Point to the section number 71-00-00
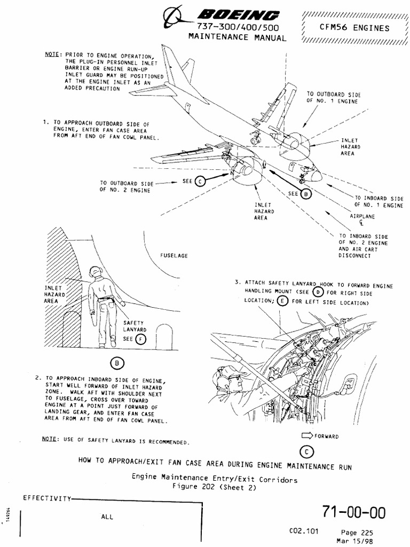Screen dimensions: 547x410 tap(353, 513)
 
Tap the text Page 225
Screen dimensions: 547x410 tap(358, 533)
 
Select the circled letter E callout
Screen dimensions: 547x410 tap(282, 301)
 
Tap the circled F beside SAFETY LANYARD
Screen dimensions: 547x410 tap(140, 339)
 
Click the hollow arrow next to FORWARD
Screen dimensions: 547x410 tap(307, 436)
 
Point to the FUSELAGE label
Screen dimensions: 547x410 tap(174, 256)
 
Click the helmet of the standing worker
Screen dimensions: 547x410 tap(96, 271)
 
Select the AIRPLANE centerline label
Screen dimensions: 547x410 tap(362, 219)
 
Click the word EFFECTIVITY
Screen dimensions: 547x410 tap(46, 498)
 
